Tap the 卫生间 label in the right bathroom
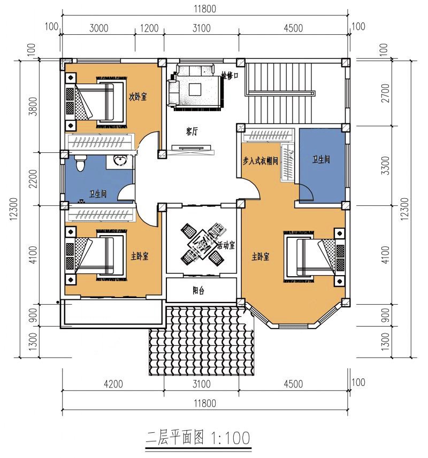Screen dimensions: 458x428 tap(321, 159)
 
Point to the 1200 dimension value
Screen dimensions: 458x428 tap(149, 28)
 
